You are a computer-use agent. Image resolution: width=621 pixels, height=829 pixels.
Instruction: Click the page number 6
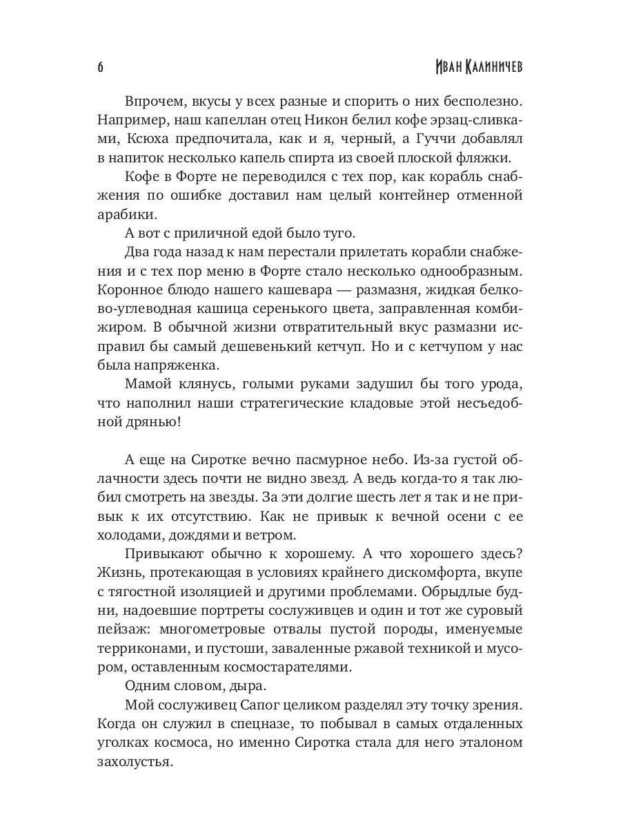tap(100, 67)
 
